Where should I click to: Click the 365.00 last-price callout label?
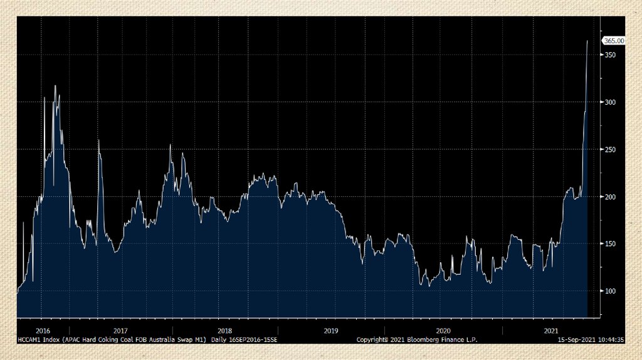point(614,41)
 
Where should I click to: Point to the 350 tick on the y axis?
point(609,55)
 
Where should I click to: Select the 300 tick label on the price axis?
point(609,102)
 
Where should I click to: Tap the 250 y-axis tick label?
point(609,149)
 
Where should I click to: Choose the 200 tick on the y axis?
point(609,197)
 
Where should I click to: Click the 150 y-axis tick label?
point(609,244)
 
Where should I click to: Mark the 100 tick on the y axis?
point(609,291)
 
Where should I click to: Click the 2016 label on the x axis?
point(43,331)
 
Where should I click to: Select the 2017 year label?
point(120,331)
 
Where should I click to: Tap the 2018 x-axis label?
point(224,331)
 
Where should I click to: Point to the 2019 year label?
point(331,331)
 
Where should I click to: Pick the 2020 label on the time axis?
point(443,331)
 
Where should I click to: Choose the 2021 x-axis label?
point(551,331)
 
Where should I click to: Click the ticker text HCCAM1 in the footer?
point(30,339)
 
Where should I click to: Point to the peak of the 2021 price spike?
point(587,41)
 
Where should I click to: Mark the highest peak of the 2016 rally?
point(55,86)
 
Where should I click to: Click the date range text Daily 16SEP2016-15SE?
point(244,339)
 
